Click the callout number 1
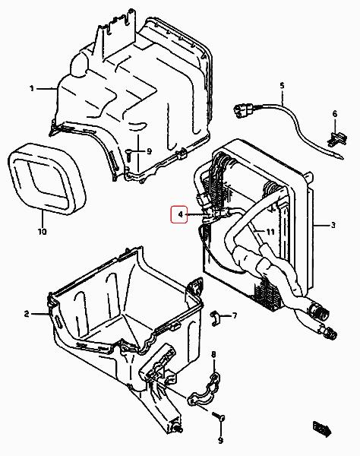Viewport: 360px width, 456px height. point(32,88)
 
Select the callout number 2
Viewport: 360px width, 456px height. point(27,314)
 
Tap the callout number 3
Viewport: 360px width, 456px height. point(333,225)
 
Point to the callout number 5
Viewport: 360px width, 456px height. point(282,86)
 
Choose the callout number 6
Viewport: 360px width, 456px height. point(335,114)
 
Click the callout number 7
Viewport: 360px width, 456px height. point(235,315)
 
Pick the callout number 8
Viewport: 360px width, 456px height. point(213,354)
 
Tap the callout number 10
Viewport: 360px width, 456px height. point(42,232)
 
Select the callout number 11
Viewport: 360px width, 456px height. point(270,232)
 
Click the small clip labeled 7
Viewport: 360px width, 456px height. point(215,318)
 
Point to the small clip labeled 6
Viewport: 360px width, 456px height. point(337,138)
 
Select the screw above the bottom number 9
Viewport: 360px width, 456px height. point(219,416)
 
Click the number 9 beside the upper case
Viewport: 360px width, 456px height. point(149,151)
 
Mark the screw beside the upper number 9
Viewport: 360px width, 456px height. point(128,155)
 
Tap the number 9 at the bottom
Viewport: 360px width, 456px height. point(220,441)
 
